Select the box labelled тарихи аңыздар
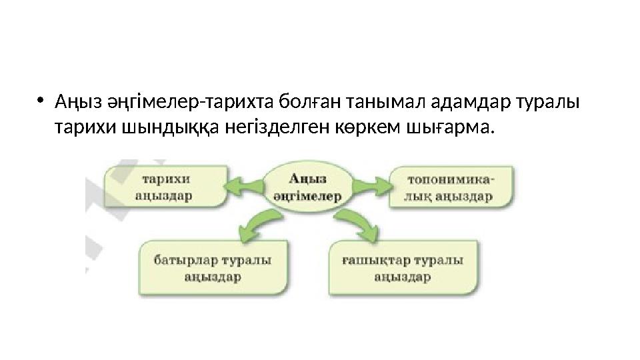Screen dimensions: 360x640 [x=164, y=186]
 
